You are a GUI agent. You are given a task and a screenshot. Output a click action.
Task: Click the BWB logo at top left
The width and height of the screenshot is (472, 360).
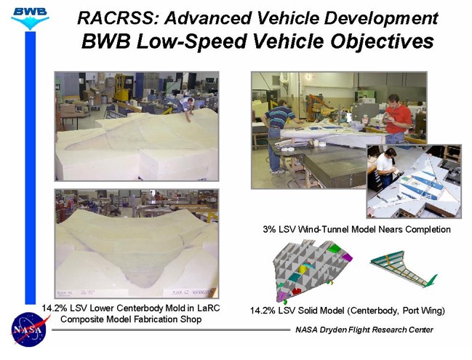pos(30,17)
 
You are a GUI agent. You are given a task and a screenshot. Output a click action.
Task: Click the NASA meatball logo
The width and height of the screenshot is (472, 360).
pos(29,329)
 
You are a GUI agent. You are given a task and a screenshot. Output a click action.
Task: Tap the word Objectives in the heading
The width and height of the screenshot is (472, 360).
pos(383,41)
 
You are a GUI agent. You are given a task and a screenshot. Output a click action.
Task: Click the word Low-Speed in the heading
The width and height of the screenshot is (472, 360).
pos(193,41)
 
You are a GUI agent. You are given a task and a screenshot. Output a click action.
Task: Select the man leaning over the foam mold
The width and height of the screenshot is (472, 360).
pos(187,108)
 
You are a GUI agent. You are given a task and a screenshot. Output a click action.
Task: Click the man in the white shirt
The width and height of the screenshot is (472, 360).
pos(386,169)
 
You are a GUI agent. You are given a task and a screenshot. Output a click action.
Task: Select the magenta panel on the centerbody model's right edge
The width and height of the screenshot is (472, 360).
pos(347,257)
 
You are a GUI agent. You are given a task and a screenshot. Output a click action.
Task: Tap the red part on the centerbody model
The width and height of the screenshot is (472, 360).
pos(296,290)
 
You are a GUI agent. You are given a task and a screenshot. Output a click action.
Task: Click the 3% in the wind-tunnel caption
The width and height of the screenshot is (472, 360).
pos(270,229)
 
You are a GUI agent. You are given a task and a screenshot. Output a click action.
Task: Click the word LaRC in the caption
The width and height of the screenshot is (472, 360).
pos(208,308)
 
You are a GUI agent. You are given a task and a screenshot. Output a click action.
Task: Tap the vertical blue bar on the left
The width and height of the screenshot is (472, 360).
pos(30,168)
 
